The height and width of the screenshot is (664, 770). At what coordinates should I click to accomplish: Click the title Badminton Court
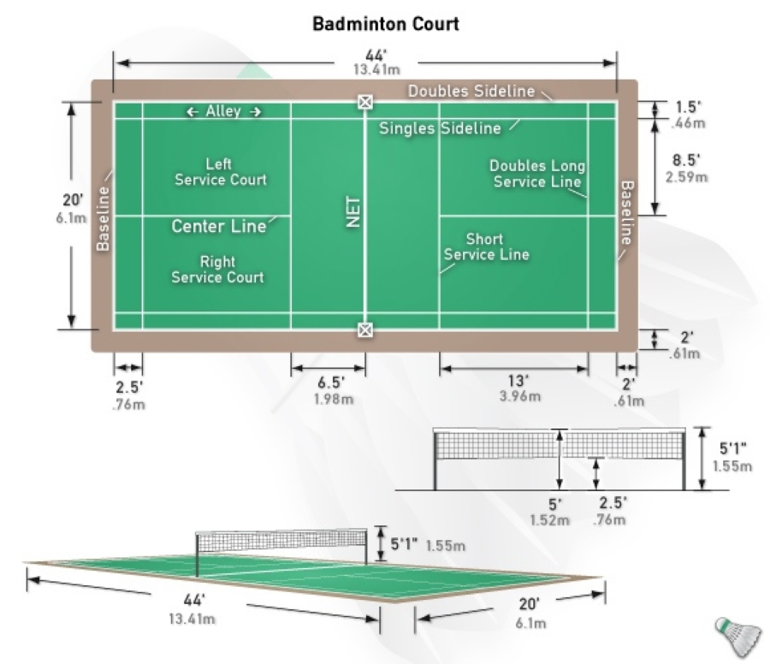tap(385, 23)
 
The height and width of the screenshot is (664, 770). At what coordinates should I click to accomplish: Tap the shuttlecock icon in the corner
tap(737, 634)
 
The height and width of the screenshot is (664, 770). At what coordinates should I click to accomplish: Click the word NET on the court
tap(354, 210)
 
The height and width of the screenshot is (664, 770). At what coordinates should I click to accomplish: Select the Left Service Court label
tap(220, 171)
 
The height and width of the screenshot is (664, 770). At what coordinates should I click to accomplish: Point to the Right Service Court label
tap(217, 270)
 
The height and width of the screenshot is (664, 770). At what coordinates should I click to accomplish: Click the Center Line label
tap(218, 227)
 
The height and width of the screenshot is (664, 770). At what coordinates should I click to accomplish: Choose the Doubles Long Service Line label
tap(537, 174)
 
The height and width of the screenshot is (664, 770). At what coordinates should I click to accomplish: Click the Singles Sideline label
tap(440, 129)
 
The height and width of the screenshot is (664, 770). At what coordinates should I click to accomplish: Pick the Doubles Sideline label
tap(471, 91)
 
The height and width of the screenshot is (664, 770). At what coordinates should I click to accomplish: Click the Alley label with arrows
tap(223, 111)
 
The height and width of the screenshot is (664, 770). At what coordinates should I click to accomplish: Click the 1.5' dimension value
tap(684, 107)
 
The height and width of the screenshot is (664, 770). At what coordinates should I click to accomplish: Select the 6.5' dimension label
tap(329, 381)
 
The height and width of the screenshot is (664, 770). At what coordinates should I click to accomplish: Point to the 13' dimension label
tap(516, 380)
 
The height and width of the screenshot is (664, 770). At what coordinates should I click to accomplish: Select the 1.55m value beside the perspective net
tap(446, 545)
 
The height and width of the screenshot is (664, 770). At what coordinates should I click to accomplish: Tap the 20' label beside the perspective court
tap(530, 604)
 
